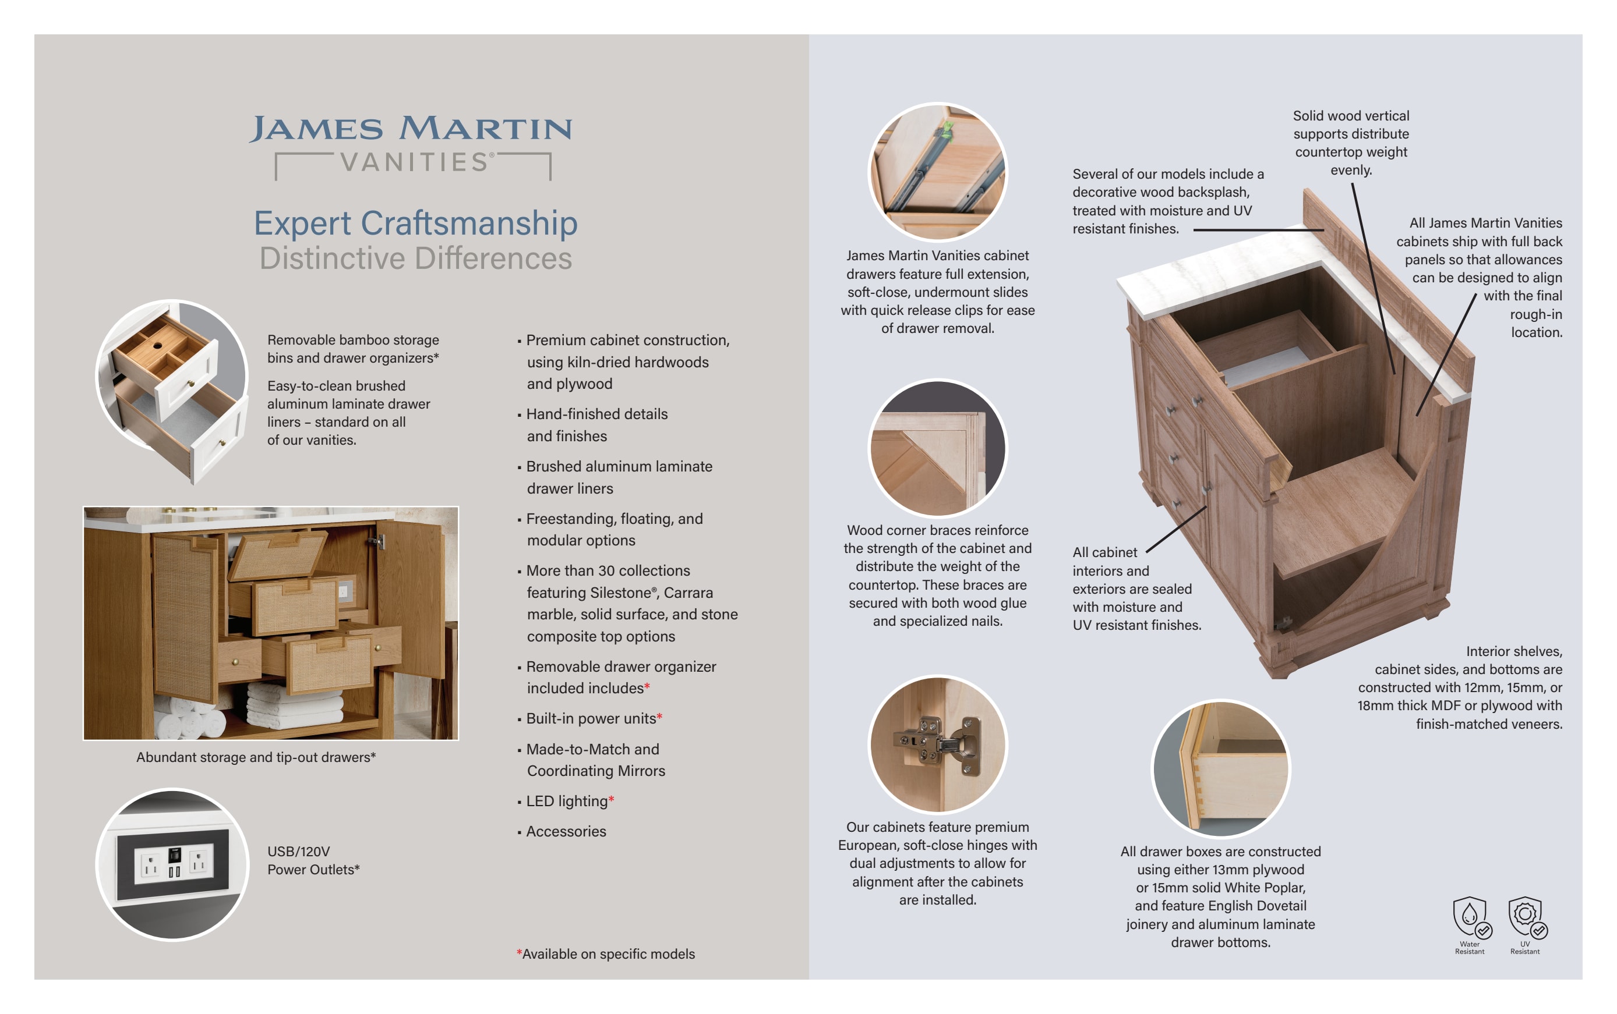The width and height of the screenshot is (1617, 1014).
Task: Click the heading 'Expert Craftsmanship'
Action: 415,223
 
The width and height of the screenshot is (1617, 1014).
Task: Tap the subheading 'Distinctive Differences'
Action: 415,258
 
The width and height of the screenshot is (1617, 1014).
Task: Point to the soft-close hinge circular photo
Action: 937,744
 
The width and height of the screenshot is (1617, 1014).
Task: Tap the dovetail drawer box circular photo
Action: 1220,768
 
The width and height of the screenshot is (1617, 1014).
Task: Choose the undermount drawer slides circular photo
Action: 937,172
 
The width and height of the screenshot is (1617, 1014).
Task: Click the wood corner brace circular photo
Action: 937,448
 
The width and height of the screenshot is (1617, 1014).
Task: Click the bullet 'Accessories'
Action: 566,832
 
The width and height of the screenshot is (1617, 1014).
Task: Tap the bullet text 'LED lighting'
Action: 567,802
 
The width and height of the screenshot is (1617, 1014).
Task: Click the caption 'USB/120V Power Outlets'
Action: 313,860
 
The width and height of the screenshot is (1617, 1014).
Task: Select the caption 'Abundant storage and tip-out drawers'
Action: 255,757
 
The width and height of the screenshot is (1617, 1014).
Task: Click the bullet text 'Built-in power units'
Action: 591,719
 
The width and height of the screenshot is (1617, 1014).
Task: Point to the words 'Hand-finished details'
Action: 596,414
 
